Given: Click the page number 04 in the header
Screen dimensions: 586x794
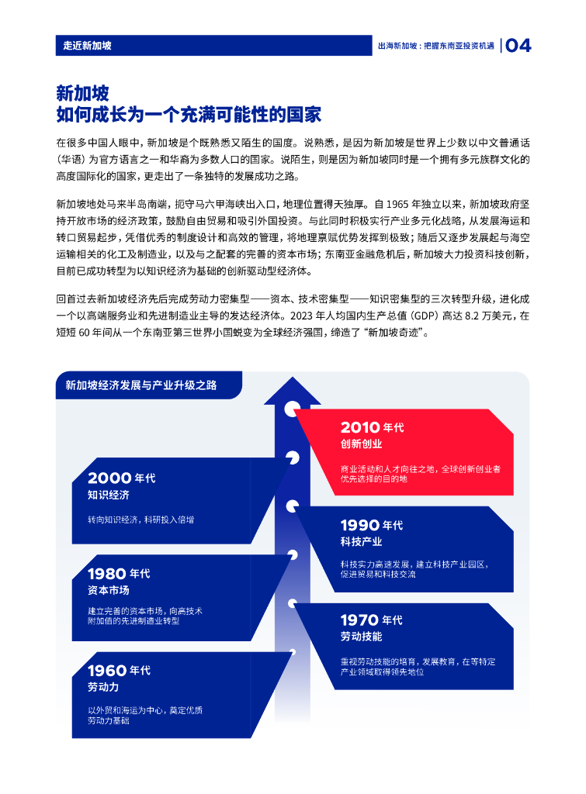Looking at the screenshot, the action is (x=518, y=46).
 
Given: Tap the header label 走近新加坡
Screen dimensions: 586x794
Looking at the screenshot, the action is (x=88, y=46).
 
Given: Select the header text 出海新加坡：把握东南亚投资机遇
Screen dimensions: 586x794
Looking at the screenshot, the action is (x=435, y=46).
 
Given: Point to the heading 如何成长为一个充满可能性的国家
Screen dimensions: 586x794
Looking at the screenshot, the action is (x=189, y=116).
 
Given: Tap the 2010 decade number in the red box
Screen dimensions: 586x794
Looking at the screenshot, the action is (x=360, y=427).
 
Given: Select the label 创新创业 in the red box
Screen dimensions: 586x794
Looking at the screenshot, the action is (x=361, y=444).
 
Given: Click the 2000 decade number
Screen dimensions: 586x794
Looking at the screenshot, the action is (x=109, y=478).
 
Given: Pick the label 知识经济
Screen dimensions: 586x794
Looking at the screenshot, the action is (x=108, y=495).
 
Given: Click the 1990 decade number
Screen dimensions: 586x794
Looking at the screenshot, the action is (x=360, y=525).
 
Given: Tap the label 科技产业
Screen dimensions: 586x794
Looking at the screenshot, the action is (x=361, y=541).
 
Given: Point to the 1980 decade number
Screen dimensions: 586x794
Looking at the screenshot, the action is (x=107, y=574).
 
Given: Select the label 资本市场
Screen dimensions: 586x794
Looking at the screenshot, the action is (x=108, y=590).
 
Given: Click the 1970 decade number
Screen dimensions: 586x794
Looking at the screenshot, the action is (x=360, y=620).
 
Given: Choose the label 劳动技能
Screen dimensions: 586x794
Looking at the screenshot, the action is (x=361, y=637).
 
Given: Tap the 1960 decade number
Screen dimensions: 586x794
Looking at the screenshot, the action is (x=108, y=671).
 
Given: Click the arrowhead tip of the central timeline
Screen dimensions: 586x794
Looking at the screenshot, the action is (x=292, y=374).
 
